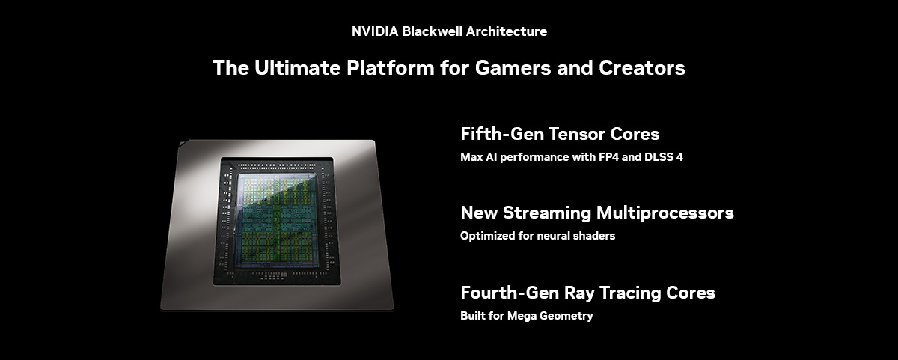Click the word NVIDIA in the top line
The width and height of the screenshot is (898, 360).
(375, 31)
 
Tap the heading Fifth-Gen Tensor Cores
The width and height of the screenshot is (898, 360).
(560, 134)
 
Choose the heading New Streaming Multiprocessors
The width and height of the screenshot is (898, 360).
(596, 213)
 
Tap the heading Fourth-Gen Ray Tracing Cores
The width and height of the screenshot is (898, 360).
(587, 292)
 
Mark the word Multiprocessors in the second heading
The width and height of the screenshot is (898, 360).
(665, 213)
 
